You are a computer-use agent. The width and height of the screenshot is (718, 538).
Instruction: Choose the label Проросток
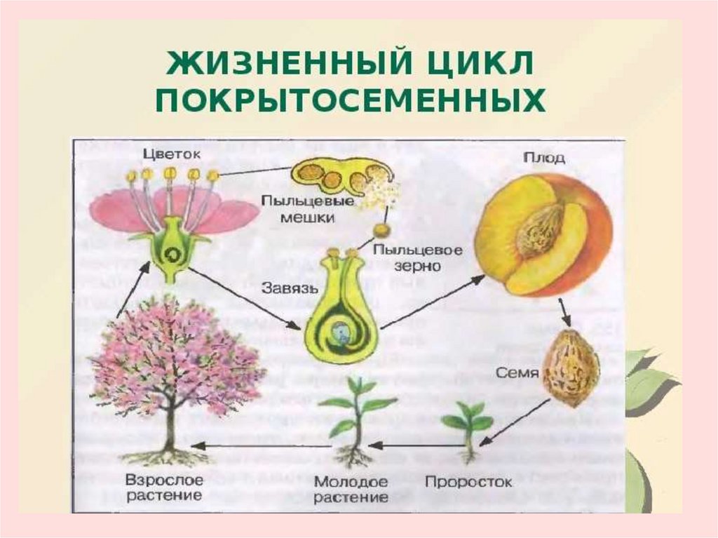(468, 483)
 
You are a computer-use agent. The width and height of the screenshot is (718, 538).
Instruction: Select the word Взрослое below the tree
(164, 480)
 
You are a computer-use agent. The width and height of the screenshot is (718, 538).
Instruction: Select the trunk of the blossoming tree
(169, 432)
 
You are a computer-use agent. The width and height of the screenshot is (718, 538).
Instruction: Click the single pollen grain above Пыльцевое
(382, 231)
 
